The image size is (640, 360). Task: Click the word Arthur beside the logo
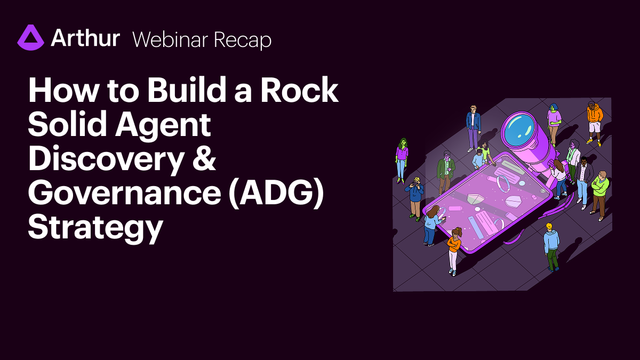85,38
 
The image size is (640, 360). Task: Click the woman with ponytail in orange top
453,250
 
